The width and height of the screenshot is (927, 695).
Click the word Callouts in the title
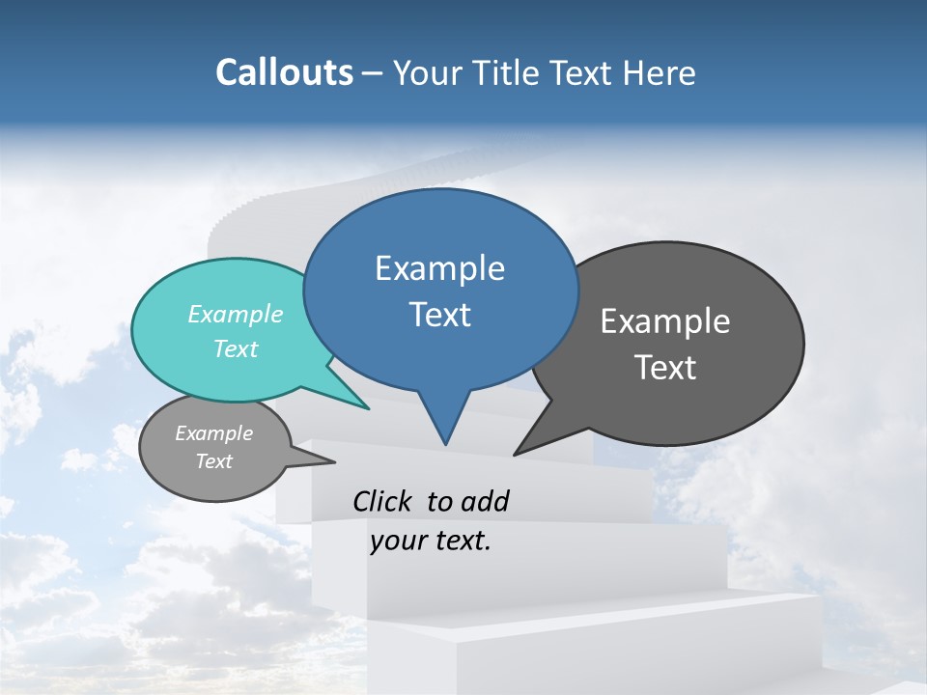point(284,72)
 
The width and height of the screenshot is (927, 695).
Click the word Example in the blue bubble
point(440,268)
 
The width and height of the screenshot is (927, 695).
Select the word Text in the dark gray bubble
point(666,368)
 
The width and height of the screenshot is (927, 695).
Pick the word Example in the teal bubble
point(236,314)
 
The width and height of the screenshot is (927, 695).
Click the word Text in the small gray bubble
point(214,461)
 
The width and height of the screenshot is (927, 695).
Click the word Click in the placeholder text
point(382,501)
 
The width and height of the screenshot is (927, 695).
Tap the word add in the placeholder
point(485,501)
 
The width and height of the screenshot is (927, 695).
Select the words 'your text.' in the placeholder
point(431,542)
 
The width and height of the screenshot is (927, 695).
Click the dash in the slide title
point(373,72)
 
